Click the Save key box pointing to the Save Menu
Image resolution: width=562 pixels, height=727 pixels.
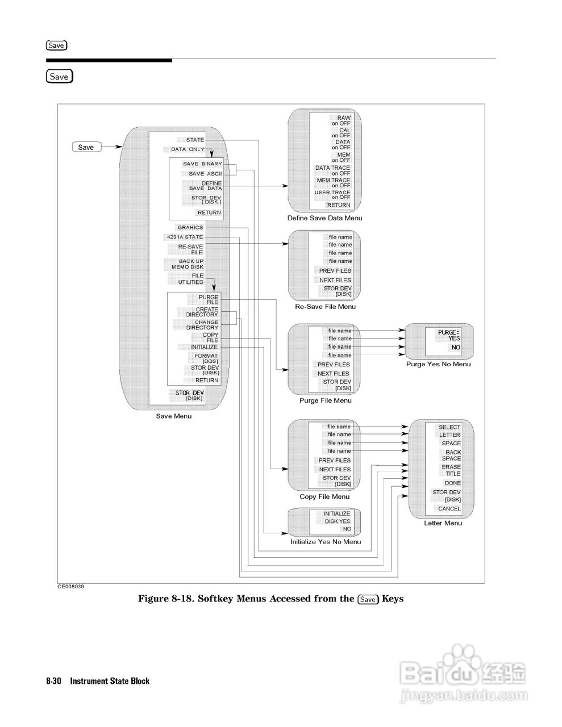[x=87, y=147]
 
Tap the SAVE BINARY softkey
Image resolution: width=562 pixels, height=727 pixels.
[x=202, y=164]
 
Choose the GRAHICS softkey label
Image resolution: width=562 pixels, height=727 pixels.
[x=190, y=228]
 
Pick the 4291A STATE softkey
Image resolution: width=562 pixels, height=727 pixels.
[x=184, y=237]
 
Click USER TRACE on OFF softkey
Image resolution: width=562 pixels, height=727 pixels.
[x=333, y=195]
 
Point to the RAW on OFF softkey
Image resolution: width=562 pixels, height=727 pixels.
[x=341, y=120]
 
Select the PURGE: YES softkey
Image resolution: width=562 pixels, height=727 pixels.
[x=448, y=335]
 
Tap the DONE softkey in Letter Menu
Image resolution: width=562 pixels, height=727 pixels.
[x=452, y=483]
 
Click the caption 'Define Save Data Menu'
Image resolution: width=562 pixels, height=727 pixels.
[x=324, y=218]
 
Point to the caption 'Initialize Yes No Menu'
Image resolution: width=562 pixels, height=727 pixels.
[x=326, y=542]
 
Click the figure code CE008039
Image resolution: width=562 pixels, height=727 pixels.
[x=70, y=587]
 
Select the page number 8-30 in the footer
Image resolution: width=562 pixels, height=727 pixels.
[x=53, y=681]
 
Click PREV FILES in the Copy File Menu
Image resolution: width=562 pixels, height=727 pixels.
[x=334, y=461]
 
